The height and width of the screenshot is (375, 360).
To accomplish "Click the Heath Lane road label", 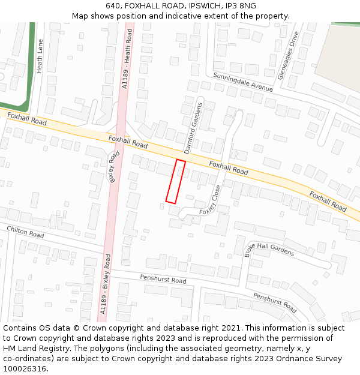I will [x=40, y=56].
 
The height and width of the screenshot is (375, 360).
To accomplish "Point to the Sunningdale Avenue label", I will [x=243, y=82].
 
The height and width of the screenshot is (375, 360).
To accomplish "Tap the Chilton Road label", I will [x=25, y=232].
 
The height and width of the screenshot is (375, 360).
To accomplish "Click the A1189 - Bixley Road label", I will [x=106, y=284].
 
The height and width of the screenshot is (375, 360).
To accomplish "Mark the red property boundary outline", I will [x=175, y=181].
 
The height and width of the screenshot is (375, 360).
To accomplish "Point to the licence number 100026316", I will [x=23, y=368].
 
